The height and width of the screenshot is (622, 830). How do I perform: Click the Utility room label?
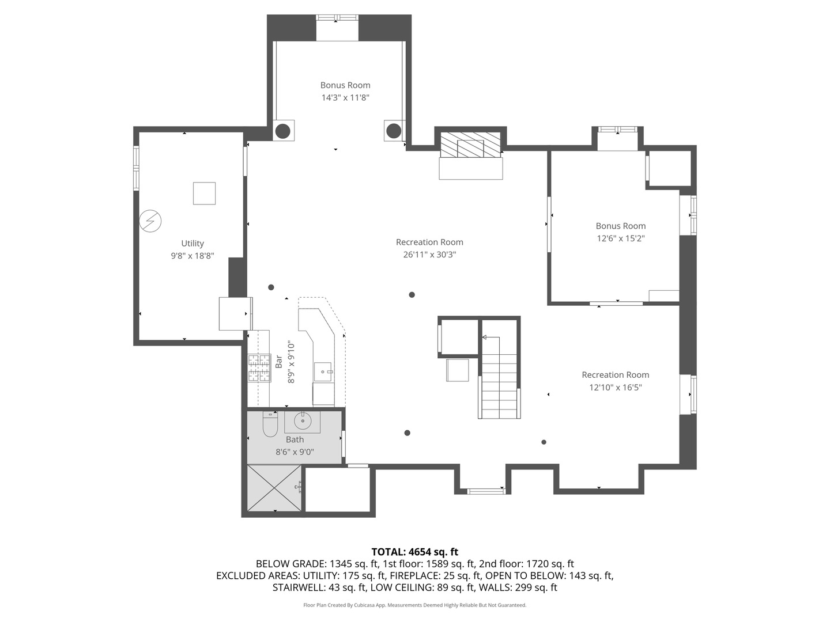[193, 244]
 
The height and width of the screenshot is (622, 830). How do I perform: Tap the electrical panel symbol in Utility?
[150, 221]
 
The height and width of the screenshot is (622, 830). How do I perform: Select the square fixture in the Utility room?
[204, 194]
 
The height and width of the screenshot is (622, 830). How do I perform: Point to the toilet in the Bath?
[270, 424]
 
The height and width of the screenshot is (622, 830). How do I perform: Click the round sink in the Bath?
[303, 421]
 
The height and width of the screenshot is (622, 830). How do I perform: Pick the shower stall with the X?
[275, 489]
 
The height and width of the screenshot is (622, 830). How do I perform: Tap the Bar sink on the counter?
[323, 372]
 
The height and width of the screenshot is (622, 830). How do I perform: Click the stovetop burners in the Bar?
[259, 368]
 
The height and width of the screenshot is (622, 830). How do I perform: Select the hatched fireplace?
[471, 145]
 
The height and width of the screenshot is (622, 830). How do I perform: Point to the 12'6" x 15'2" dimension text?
[621, 238]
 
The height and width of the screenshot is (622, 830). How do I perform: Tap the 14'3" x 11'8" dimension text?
[345, 98]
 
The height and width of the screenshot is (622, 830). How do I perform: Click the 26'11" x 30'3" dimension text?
[429, 255]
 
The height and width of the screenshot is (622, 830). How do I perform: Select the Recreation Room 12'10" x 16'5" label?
[616, 381]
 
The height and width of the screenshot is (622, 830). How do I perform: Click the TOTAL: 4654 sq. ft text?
[415, 552]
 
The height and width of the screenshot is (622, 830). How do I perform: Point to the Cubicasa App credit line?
[415, 605]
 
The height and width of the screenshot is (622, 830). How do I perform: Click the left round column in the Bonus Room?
[282, 131]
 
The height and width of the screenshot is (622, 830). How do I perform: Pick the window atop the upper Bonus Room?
[337, 17]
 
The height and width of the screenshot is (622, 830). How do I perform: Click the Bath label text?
[295, 439]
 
